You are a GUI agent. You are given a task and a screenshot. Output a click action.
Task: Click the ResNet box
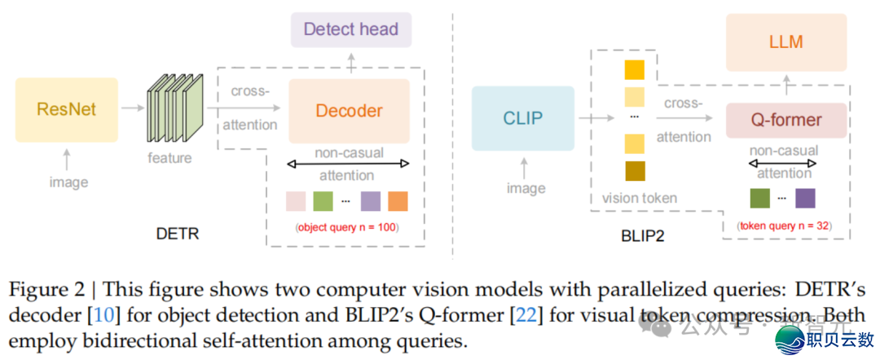coord(67,108)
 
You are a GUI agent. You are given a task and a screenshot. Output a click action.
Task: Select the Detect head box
coord(351,30)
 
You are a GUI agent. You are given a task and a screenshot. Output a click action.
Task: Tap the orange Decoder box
coord(349,111)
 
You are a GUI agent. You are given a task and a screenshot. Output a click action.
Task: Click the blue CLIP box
coord(522,118)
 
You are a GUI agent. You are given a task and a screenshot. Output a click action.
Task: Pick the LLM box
coord(785,42)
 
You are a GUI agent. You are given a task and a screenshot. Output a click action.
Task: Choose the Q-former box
coord(785,121)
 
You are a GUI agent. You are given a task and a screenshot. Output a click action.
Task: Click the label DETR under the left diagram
coord(178,234)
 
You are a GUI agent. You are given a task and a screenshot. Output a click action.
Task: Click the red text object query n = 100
coord(346,227)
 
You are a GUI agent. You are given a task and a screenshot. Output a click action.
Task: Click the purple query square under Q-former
coord(805,199)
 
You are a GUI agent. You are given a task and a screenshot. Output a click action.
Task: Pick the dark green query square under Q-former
coord(759,199)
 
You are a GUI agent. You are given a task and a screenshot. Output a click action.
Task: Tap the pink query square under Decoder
coord(296,200)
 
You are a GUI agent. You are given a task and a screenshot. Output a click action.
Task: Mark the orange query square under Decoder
coord(398,200)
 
